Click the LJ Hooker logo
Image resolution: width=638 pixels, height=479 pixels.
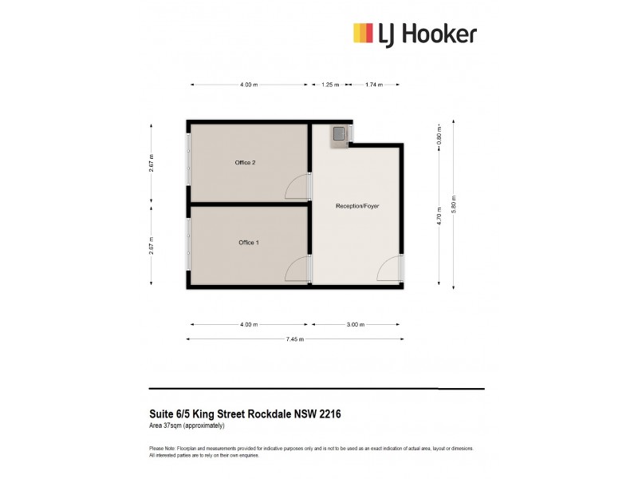[415, 33]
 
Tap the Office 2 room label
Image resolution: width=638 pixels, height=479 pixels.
[245, 163]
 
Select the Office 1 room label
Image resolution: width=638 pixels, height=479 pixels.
[248, 242]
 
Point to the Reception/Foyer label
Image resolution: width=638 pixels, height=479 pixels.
[357, 206]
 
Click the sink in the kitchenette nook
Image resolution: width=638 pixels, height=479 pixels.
[339, 133]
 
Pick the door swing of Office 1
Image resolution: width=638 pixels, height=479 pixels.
[297, 269]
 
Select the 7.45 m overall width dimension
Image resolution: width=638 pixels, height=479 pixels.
[295, 339]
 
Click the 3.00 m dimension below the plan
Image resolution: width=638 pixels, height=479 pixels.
[356, 325]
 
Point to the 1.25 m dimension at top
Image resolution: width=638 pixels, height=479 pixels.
[330, 84]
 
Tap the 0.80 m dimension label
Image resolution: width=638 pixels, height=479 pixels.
[439, 137]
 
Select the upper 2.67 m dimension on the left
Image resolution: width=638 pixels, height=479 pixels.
[151, 163]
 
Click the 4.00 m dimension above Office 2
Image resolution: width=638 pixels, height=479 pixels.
[249, 84]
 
